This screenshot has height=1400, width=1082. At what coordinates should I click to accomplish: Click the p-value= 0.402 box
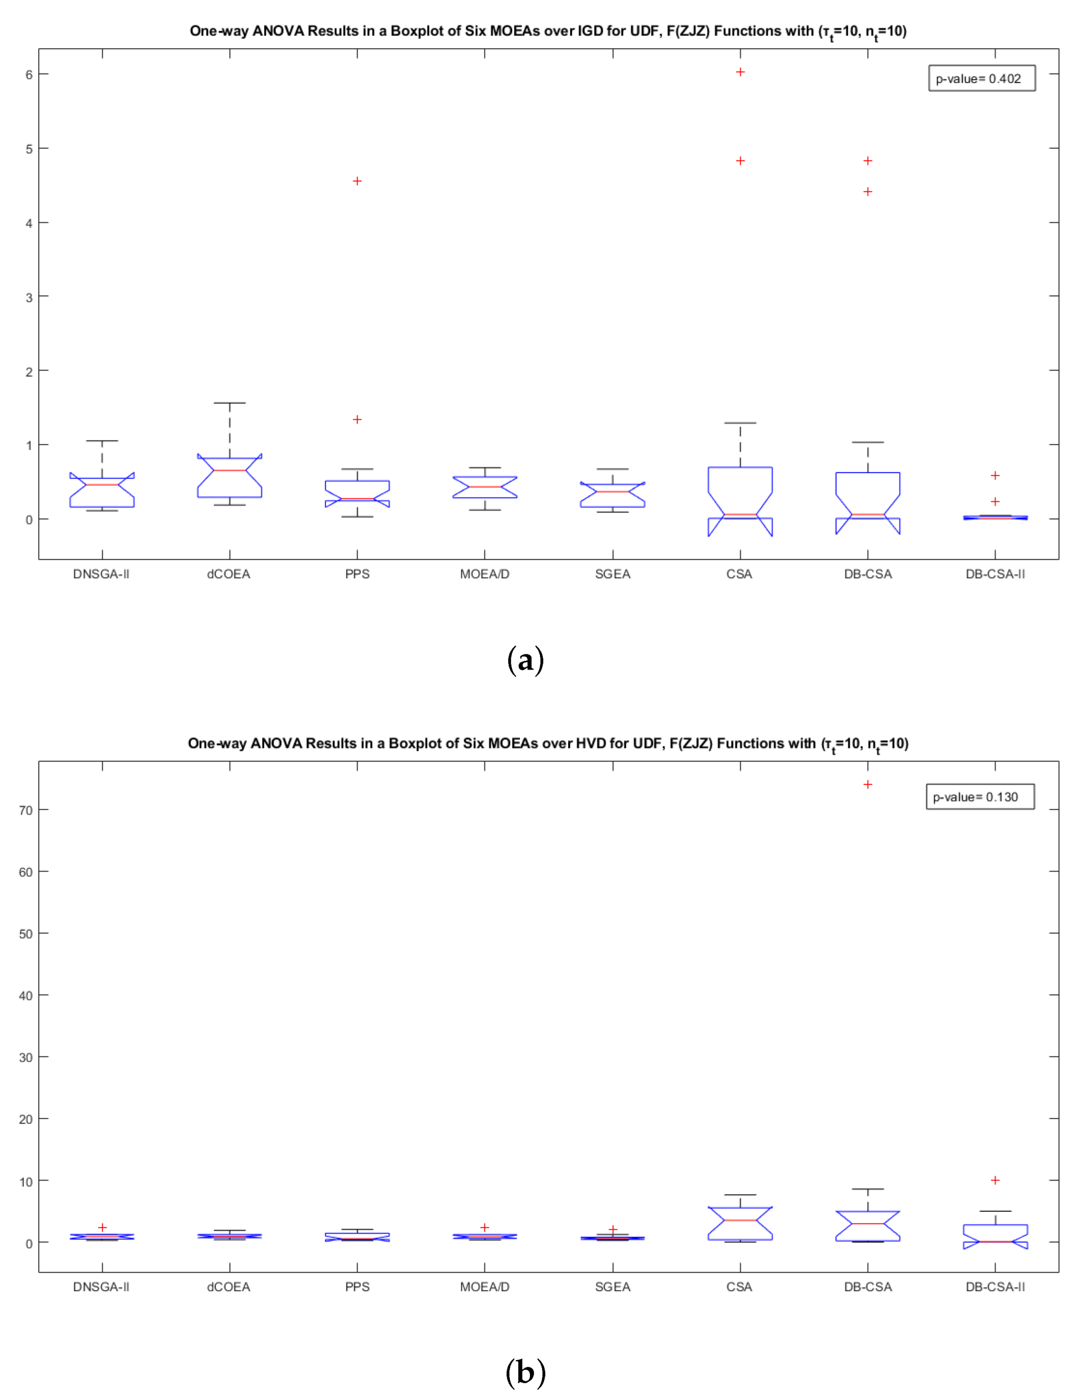point(981,78)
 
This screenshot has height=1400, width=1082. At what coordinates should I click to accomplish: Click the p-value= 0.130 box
point(979,797)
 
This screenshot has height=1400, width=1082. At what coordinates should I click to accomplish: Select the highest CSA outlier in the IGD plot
point(740,72)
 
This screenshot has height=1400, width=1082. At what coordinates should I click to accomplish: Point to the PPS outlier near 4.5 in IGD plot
point(357,181)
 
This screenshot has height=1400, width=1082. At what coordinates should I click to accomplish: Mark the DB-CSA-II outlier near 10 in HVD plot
point(995,1180)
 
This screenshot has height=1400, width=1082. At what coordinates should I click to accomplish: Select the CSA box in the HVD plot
point(740,1224)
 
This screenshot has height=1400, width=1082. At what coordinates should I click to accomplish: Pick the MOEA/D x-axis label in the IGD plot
point(485,574)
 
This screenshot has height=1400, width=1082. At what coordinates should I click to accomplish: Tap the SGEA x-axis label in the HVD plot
point(612,1287)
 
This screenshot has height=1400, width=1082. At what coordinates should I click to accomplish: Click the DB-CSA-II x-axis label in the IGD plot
point(995,574)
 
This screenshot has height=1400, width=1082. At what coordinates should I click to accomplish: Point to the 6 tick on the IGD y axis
point(29,75)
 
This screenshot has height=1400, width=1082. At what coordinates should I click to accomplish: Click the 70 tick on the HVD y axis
point(26,811)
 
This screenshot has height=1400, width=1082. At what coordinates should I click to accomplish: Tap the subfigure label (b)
point(525,1372)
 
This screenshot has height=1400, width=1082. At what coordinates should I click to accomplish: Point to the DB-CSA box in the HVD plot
point(867,1226)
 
